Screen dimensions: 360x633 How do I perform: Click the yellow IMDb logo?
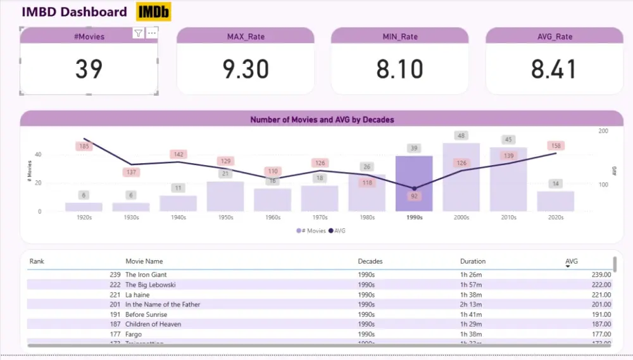pos(153,12)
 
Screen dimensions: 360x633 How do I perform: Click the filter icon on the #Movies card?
pos(138,34)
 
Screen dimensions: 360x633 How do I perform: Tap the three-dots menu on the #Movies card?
pos(152,34)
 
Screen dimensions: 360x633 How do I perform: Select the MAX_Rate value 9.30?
pos(246,69)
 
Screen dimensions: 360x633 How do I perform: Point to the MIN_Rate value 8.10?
pos(400,69)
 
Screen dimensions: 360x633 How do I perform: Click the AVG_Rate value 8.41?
pos(554,69)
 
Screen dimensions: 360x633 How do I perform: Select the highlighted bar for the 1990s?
pos(414,183)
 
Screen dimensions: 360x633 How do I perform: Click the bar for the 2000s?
pos(461,177)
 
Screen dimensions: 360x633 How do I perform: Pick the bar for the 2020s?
pos(556,201)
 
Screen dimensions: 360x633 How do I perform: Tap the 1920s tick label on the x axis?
pos(84,218)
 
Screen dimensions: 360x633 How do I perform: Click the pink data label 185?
pos(84,147)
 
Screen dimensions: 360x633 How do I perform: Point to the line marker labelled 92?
pos(414,189)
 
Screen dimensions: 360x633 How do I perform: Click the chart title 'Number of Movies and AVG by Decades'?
pos(322,120)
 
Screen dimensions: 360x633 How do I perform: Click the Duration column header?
pos(473,261)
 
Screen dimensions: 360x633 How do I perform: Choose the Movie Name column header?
pos(144,261)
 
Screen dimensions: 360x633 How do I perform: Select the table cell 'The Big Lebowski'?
pos(150,285)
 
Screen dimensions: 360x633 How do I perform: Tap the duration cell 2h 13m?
pos(471,304)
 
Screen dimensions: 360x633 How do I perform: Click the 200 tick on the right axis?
pos(603,131)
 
